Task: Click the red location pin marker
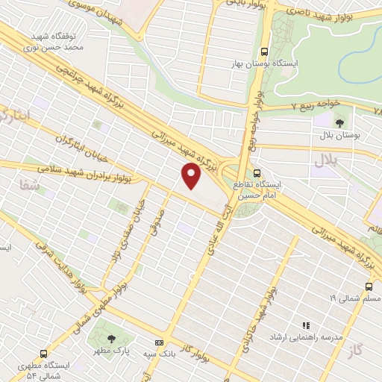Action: tap(192, 176)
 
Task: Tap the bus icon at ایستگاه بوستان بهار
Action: tap(264, 52)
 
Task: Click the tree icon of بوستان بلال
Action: tap(340, 122)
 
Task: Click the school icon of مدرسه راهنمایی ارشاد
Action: tap(305, 325)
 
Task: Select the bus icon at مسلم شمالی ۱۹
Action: tap(369, 286)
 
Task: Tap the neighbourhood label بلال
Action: tap(325, 159)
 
